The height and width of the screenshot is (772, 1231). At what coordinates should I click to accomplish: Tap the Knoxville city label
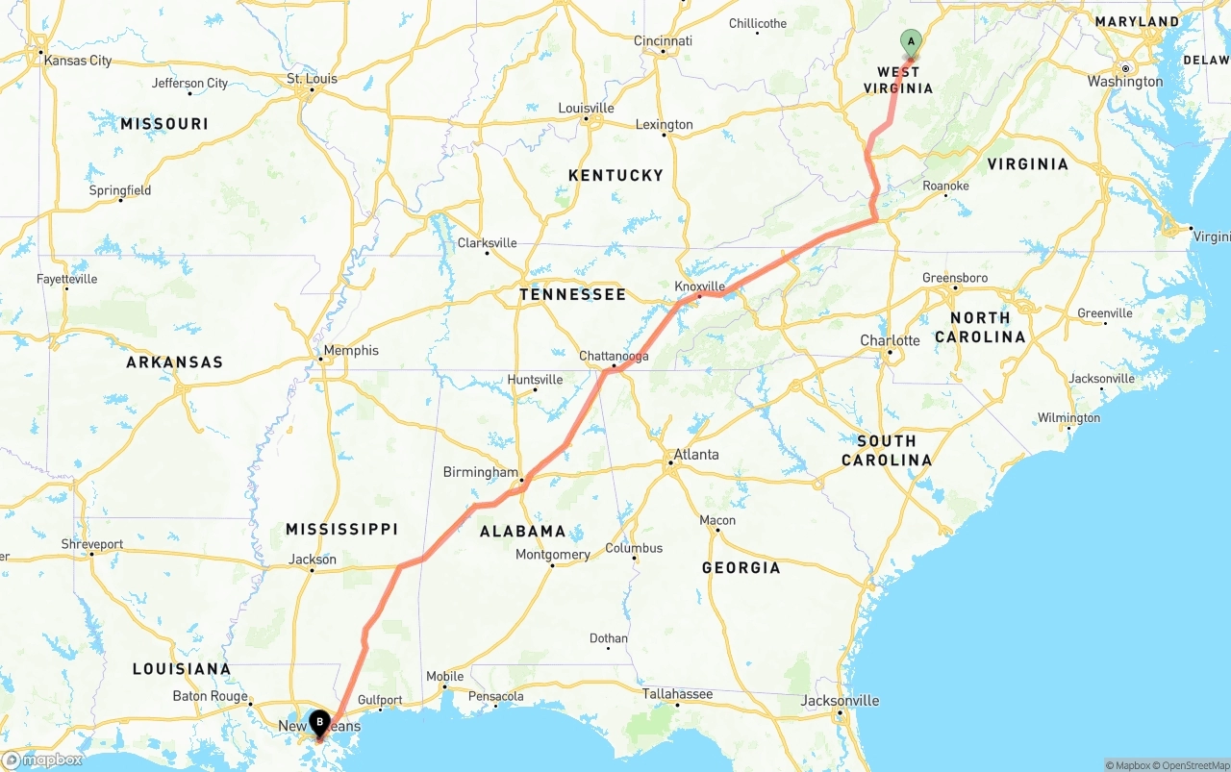[x=699, y=286]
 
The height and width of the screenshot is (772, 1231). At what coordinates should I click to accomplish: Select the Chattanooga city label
[x=614, y=356]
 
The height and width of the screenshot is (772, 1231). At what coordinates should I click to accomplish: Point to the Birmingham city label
[x=480, y=472]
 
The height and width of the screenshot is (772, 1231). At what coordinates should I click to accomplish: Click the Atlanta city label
[x=695, y=455]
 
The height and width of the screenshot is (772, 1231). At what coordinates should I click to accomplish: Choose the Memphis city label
[x=351, y=351]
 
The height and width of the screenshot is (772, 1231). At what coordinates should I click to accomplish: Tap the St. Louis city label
[x=313, y=79]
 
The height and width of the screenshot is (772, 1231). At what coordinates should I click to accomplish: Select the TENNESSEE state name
[x=572, y=295]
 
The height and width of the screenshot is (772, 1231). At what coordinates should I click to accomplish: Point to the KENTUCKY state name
[x=615, y=175]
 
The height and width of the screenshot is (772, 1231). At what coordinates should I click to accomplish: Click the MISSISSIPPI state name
[x=341, y=530]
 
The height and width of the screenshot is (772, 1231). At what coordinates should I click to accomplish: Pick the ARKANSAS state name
[x=174, y=362]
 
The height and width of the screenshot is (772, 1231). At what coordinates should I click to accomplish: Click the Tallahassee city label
[x=678, y=694]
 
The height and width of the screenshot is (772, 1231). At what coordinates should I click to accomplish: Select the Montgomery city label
[x=552, y=555]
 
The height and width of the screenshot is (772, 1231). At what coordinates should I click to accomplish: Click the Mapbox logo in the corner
[x=42, y=760]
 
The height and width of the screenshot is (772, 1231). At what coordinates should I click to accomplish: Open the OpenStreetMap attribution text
[x=1193, y=765]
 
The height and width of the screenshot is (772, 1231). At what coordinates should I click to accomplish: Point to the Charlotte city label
[x=890, y=340]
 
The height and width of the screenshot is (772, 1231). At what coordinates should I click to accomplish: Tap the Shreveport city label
[x=92, y=544]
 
